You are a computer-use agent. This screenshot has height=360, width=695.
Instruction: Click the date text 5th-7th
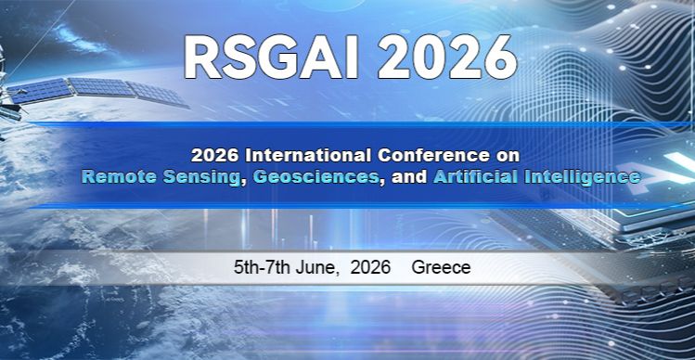(263, 268)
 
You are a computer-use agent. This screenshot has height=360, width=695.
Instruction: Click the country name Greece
(441, 268)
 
